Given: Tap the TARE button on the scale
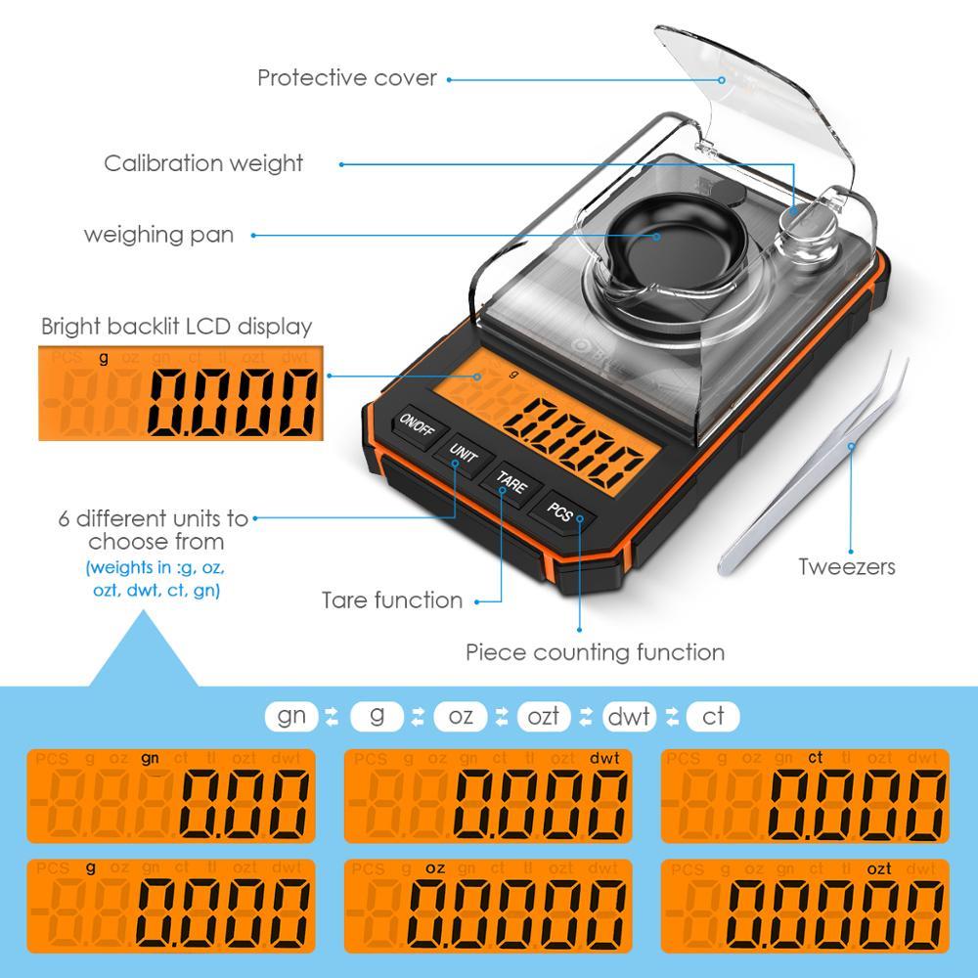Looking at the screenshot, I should (511, 481).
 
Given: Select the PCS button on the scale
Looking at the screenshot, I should (559, 511).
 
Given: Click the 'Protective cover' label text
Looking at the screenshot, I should (346, 78).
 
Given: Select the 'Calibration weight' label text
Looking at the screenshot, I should (203, 163).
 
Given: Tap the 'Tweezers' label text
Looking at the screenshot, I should (846, 566).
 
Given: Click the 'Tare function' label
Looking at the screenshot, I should (392, 600).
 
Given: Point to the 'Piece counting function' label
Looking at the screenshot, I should (595, 651).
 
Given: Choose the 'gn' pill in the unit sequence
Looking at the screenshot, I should (291, 716).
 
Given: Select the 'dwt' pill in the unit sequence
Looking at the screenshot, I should (629, 716).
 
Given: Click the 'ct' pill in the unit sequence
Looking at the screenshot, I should (713, 716).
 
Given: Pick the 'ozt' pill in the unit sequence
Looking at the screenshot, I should (543, 716).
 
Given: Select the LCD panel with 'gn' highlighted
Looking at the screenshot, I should (171, 796).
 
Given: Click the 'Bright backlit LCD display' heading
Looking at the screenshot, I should (176, 326).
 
